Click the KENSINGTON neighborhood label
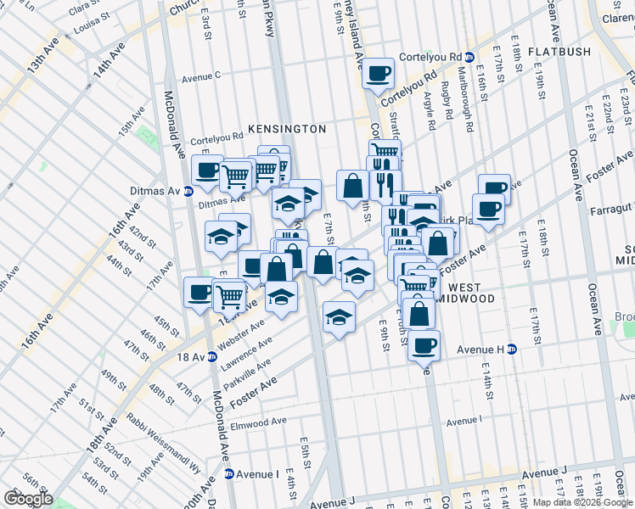pyautogui.click(x=287, y=129)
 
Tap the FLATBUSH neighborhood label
pyautogui.click(x=558, y=52)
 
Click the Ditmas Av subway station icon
pyautogui.click(x=188, y=191)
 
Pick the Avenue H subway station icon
pyautogui.click(x=511, y=349)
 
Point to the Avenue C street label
pyautogui.click(x=200, y=77)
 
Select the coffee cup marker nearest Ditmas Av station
pyautogui.click(x=207, y=170)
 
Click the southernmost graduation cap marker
pyautogui.click(x=339, y=317)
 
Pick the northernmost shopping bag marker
pyautogui.click(x=351, y=186)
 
